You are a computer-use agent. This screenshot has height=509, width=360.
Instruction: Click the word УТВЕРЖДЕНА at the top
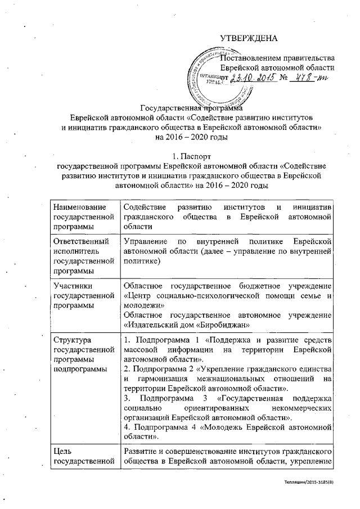point(248,38)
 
